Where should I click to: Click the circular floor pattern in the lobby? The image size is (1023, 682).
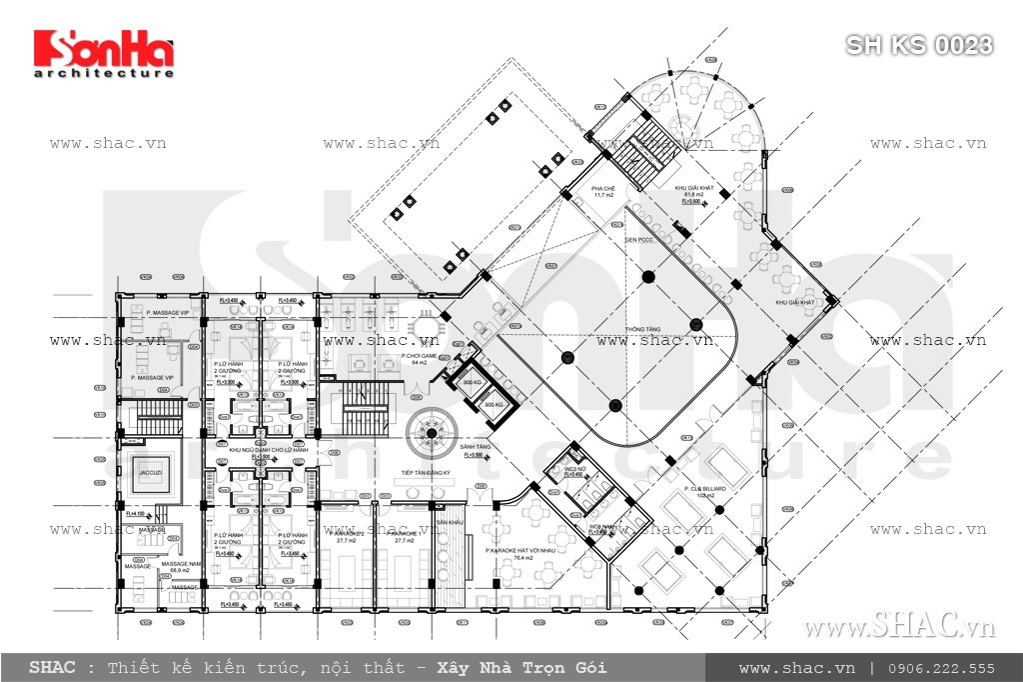point(431,432)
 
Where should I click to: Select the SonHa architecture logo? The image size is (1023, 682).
point(104,53)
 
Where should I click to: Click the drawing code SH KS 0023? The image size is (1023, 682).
point(919,45)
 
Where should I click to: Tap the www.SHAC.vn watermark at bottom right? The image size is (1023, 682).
point(899,627)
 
